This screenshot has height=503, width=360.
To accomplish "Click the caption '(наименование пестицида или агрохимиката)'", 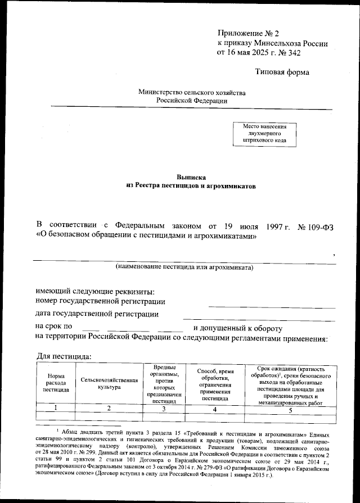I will [x=184, y=266].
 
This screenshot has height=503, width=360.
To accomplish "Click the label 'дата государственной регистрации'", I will [x=96, y=314].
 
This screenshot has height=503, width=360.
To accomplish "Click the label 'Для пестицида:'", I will [x=60, y=356].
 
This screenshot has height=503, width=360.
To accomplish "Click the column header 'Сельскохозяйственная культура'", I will [x=109, y=383].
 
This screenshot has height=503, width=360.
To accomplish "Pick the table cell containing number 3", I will [x=163, y=409].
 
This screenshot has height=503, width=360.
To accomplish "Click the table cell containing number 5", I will [x=290, y=410].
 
